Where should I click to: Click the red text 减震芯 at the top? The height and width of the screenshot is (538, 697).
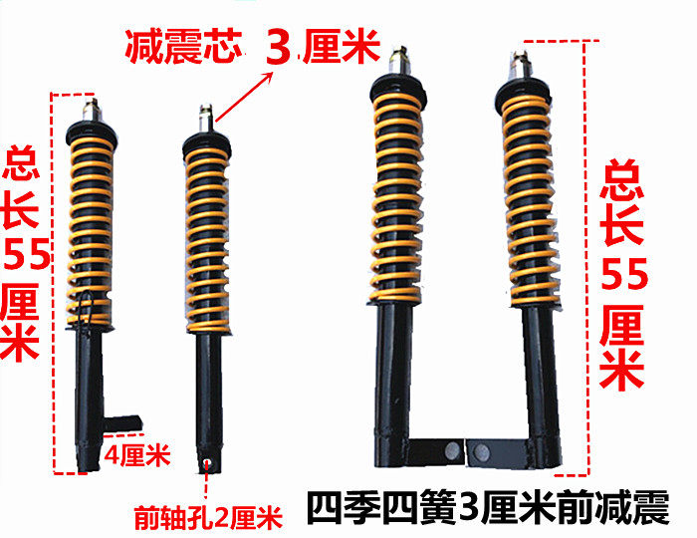(183, 47)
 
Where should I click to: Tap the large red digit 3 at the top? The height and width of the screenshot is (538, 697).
(279, 47)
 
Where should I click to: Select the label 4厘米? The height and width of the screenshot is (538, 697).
(137, 454)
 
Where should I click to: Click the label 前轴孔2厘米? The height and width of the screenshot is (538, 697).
(208, 517)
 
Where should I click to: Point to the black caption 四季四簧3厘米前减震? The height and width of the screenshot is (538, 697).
(488, 508)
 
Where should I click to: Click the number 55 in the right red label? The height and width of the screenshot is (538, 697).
(624, 273)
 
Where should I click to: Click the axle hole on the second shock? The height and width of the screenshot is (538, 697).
(206, 463)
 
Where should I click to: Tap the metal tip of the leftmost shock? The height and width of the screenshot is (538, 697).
(92, 110)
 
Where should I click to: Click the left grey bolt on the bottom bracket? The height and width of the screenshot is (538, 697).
(452, 449)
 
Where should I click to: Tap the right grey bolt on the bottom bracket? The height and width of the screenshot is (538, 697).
(481, 452)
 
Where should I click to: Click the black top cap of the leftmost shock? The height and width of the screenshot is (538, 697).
(92, 133)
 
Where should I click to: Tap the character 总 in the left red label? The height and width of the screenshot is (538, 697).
(21, 162)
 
